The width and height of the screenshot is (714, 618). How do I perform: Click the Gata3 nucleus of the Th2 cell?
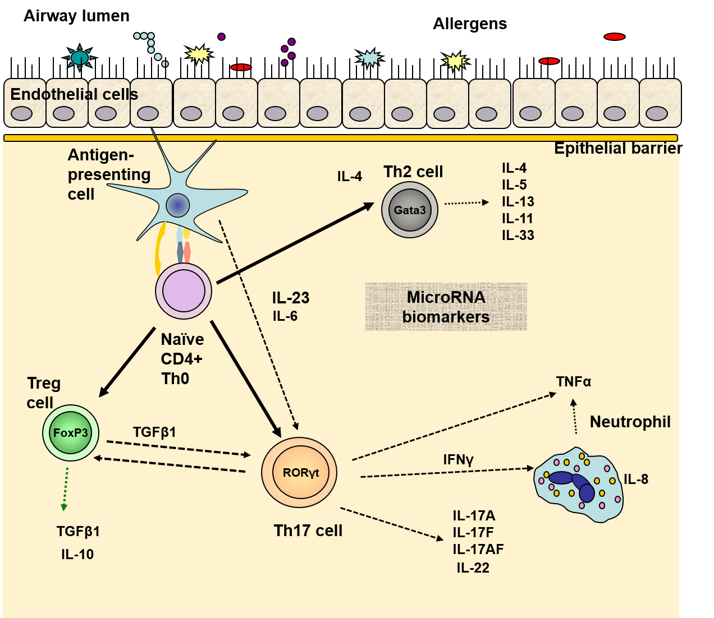[x=410, y=210]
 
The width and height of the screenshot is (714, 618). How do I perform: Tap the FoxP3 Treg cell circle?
[x=71, y=433]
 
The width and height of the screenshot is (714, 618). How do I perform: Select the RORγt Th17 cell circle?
[x=300, y=472]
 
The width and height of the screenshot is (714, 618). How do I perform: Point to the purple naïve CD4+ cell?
[x=184, y=291]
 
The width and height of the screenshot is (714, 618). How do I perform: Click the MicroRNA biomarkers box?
[x=446, y=307]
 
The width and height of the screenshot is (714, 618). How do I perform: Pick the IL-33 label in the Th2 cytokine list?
[x=518, y=236]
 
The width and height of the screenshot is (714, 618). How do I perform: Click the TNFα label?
[x=573, y=382]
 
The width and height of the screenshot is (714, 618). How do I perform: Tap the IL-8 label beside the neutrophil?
[x=636, y=479]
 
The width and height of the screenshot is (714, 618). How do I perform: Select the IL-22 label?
[x=473, y=568]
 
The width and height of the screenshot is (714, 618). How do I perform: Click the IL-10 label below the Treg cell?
[x=77, y=555]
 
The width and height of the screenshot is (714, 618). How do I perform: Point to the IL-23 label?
[x=291, y=298]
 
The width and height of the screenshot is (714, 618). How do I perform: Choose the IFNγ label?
[x=458, y=460]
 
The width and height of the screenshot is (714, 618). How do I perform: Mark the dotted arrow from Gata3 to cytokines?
[x=466, y=203]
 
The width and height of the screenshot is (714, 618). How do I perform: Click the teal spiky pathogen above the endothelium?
[x=80, y=58]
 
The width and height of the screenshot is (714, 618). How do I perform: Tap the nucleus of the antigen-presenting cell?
[x=178, y=205]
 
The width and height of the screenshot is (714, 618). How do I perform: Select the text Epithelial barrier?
[x=616, y=149]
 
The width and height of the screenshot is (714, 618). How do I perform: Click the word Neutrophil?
[x=630, y=422]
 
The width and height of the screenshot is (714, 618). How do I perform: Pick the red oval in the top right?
[x=615, y=37]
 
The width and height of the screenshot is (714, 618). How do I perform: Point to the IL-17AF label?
[x=478, y=549]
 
